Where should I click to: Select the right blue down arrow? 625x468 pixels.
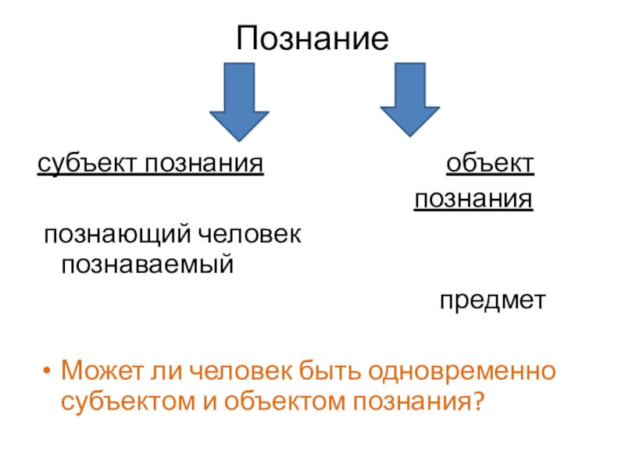[x=409, y=98]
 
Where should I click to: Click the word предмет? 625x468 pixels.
[x=490, y=300]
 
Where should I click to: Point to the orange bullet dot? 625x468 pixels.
[x=48, y=369]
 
